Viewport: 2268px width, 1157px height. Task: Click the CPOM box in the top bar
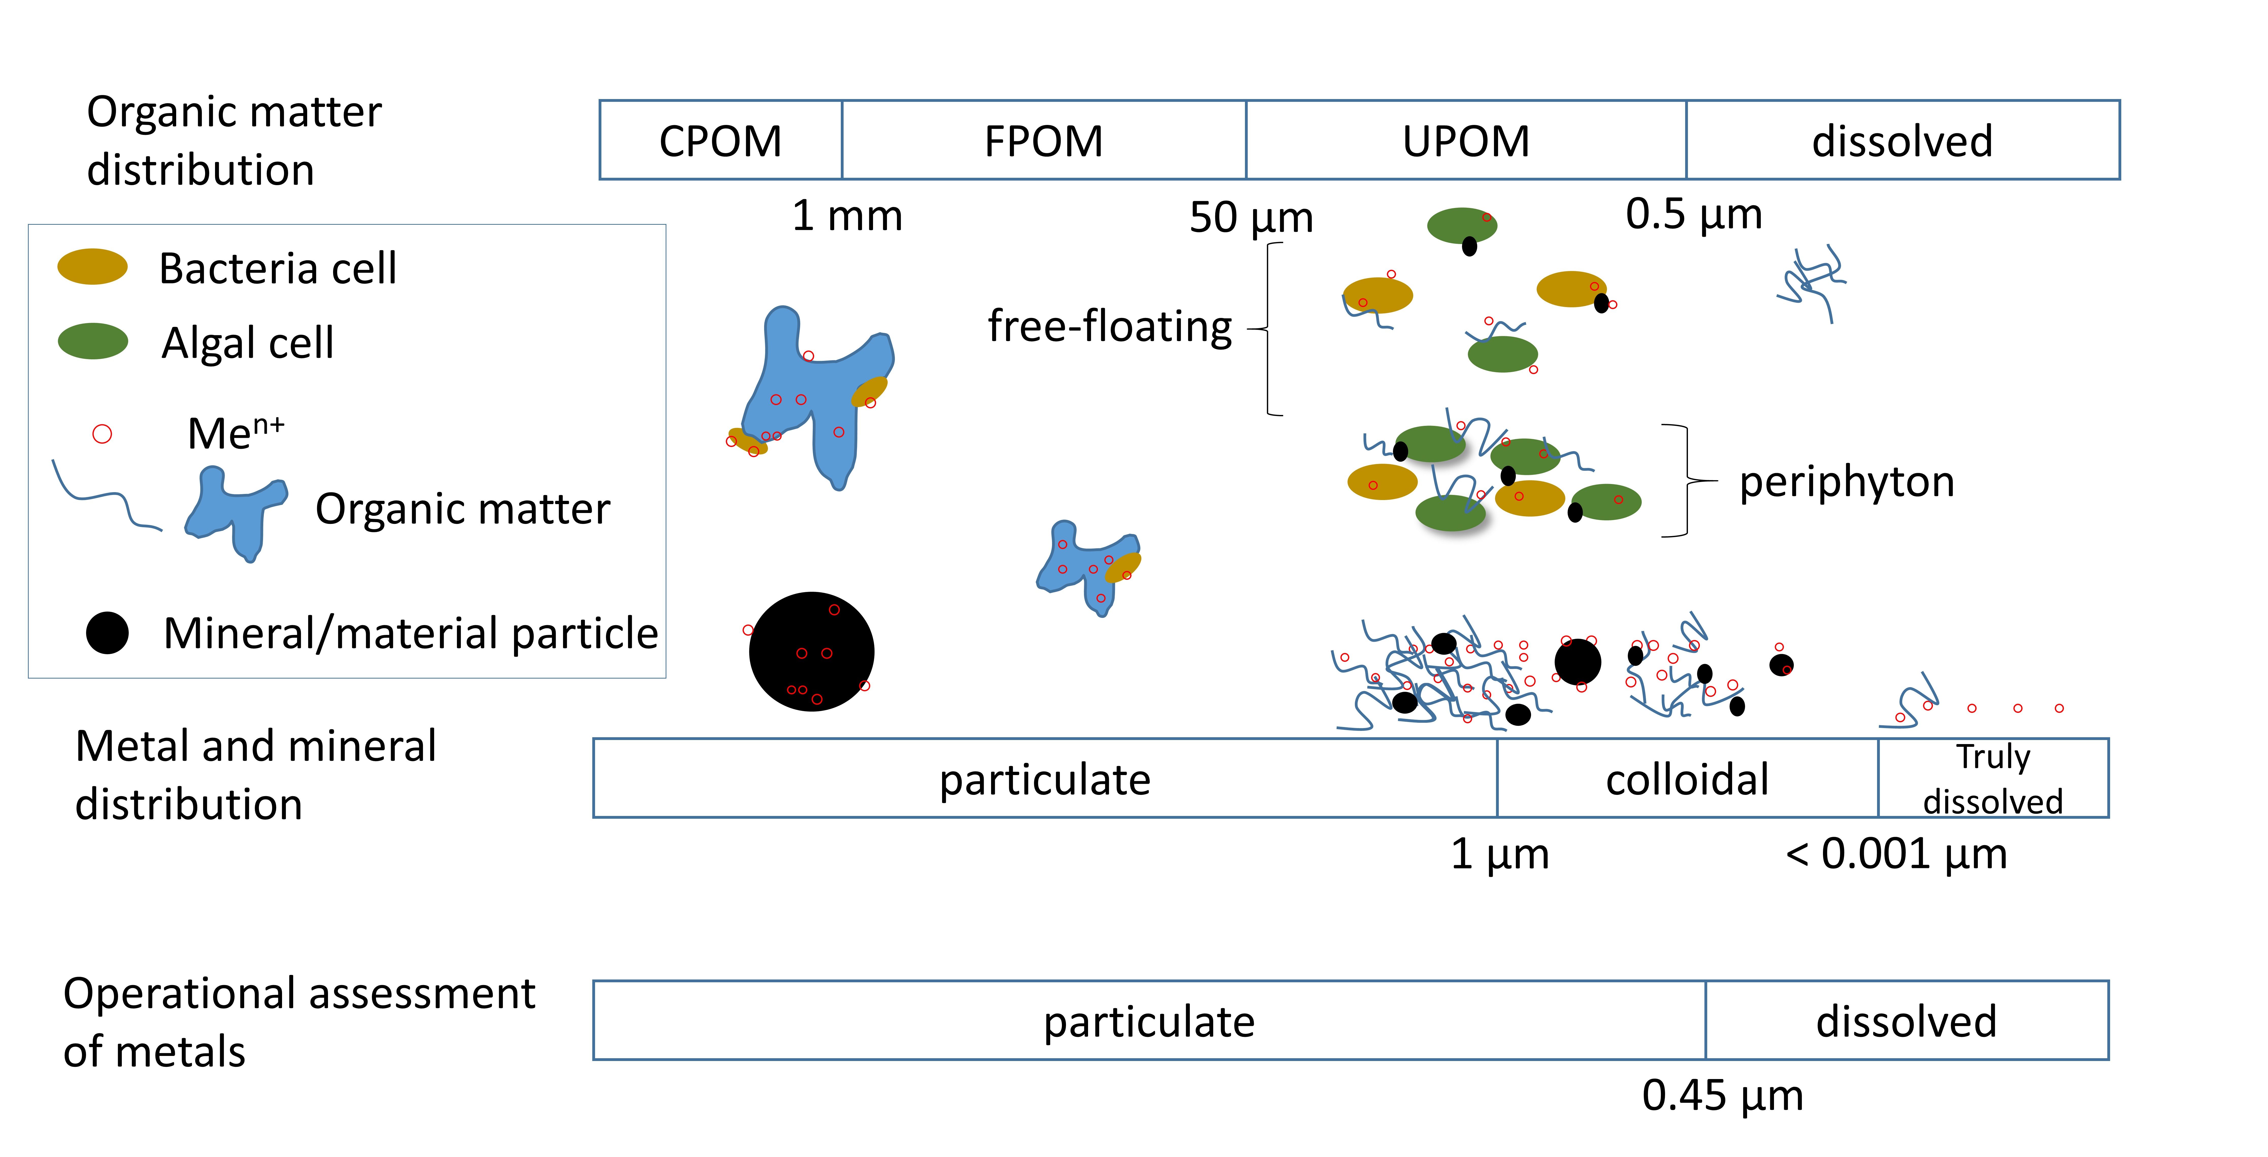[x=720, y=140]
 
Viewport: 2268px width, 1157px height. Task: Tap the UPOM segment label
[x=1466, y=141]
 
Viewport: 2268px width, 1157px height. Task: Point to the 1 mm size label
[x=847, y=216]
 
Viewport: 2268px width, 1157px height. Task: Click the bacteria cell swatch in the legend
[x=92, y=267]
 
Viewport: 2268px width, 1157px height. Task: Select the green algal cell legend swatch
[x=92, y=341]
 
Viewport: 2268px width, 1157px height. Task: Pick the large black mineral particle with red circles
[x=811, y=652]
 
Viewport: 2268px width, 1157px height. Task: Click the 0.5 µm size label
[x=1694, y=214]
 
